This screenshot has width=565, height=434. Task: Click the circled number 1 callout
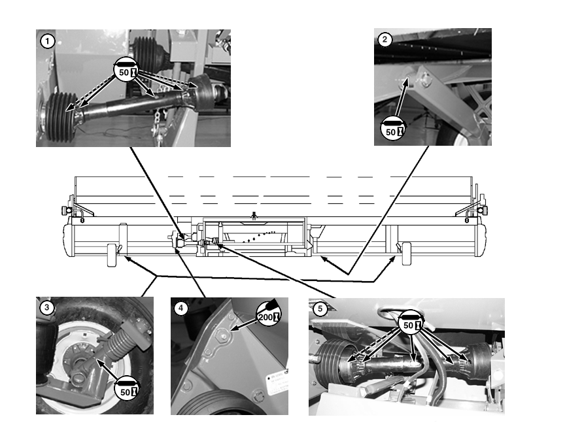pos(47,41)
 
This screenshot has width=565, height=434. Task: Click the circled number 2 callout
pos(385,39)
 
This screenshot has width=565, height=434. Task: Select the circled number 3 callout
pos(46,308)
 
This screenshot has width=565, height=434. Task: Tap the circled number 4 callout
pos(181,309)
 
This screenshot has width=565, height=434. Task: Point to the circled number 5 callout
pos(320,309)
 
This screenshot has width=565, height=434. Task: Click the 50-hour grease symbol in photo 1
pos(126,69)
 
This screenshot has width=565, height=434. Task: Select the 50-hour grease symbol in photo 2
pos(393,128)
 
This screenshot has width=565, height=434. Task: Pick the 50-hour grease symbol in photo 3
pos(127,388)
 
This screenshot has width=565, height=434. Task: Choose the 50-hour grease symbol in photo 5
pos(411,322)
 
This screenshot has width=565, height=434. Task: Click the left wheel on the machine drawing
pos(112,255)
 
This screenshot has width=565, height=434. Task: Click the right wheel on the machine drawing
pos(407,254)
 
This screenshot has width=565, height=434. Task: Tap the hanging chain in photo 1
pos(158,124)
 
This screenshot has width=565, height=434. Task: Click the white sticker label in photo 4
pos(278,384)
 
